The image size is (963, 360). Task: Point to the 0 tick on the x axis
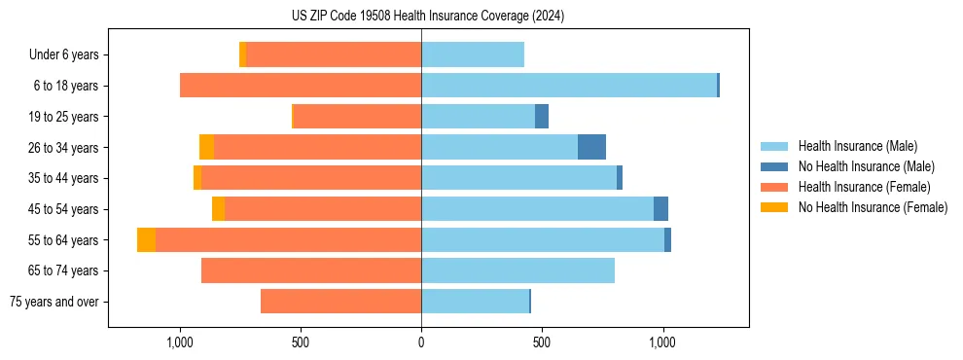pyautogui.click(x=421, y=342)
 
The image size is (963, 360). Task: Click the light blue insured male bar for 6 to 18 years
pyautogui.click(x=569, y=86)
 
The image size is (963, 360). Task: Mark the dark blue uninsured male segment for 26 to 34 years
pyautogui.click(x=591, y=147)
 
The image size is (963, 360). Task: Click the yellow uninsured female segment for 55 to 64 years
pyautogui.click(x=146, y=239)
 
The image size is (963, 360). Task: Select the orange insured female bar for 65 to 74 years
pyautogui.click(x=311, y=270)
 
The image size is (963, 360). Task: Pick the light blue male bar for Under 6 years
pyautogui.click(x=473, y=54)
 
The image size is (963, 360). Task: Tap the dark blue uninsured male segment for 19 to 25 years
pyautogui.click(x=542, y=117)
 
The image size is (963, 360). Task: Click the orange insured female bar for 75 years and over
pyautogui.click(x=340, y=302)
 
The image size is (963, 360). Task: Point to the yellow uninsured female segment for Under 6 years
pyautogui.click(x=242, y=54)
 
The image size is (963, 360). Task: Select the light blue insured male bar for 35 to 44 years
pyautogui.click(x=518, y=178)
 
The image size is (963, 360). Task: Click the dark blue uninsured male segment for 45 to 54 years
pyautogui.click(x=660, y=209)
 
